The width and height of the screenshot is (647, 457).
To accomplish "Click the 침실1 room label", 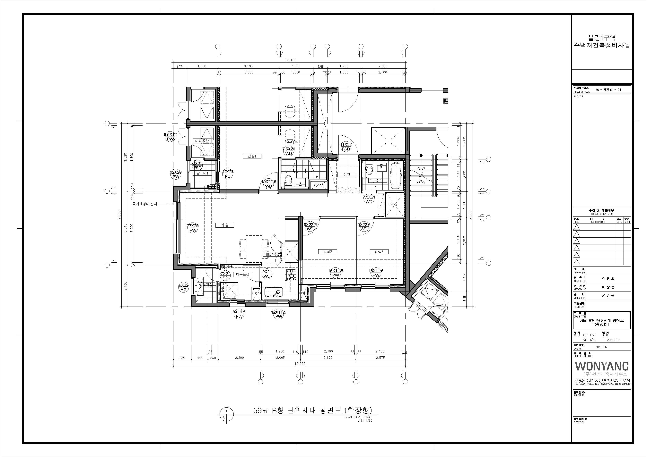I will pos(252,156).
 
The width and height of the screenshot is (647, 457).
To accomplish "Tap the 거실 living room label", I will pos(225,225).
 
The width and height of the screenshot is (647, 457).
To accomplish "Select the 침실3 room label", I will pos(379,252).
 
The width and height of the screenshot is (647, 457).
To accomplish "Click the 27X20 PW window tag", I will pos(193,228).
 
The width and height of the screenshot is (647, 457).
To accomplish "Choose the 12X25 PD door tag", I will pos(228,174).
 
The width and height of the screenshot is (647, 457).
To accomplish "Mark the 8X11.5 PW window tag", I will pos(239,314).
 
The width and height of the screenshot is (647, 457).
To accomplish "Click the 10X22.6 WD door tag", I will pos(268,184).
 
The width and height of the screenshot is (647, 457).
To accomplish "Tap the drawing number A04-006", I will pos(601,347).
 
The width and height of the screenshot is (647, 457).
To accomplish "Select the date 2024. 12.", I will pos(614,340).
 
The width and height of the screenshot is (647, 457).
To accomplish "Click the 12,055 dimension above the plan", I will pos(290,60).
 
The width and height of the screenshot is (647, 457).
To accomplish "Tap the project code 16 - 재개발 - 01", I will pos(608,90).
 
